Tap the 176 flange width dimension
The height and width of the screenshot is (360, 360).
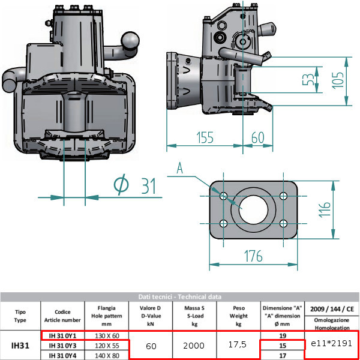(x=253, y=256)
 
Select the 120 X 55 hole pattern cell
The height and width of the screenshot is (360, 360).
(x=107, y=346)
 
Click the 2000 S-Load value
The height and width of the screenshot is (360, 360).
(x=194, y=346)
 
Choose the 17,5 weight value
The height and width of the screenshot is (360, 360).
(x=238, y=346)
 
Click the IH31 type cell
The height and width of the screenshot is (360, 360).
(x=20, y=346)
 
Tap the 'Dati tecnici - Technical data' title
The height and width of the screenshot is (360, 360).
(x=179, y=296)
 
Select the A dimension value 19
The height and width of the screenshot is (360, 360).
(x=281, y=335)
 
